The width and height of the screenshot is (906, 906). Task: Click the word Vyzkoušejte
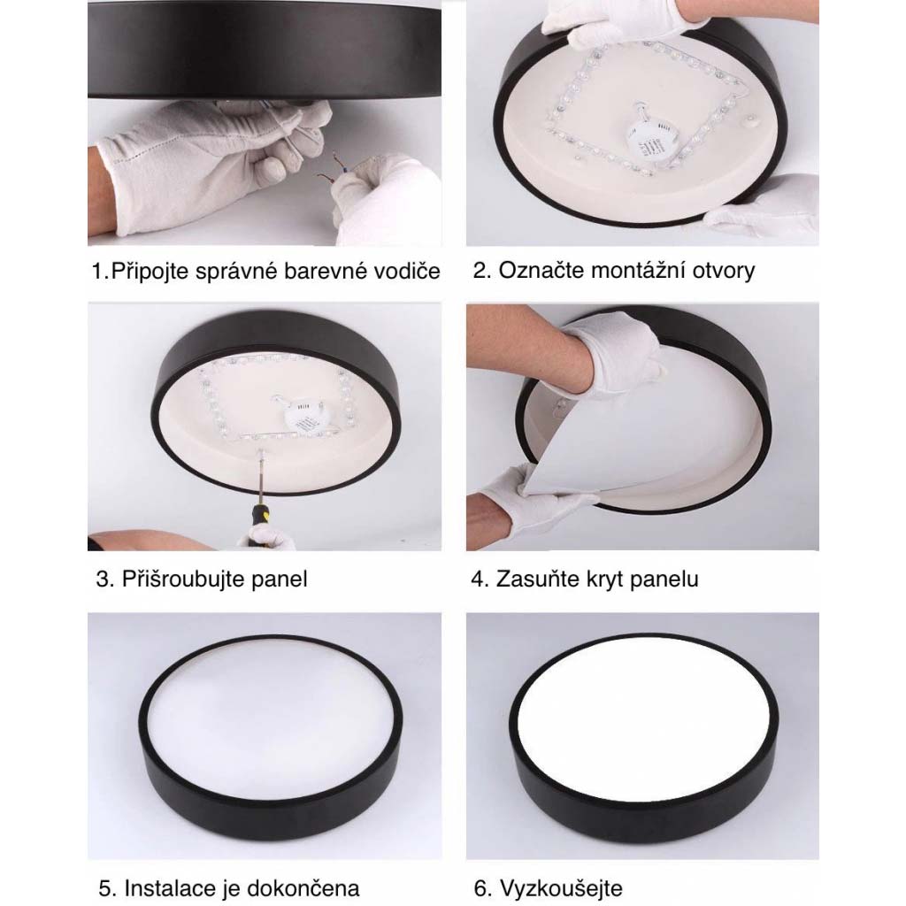click(x=561, y=888)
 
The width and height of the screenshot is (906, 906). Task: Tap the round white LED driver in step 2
click(x=648, y=137)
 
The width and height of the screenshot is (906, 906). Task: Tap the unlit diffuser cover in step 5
click(x=270, y=718)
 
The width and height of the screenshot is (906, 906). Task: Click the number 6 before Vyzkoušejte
click(x=480, y=888)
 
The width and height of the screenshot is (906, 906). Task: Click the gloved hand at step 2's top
click(x=627, y=23)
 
